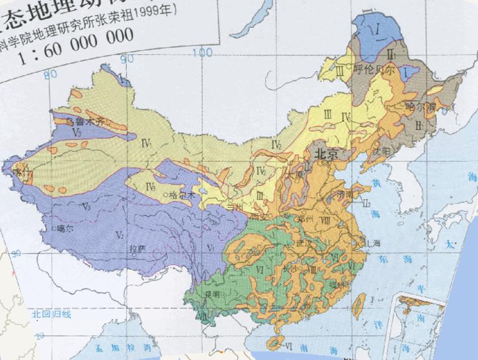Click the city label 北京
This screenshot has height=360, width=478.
point(326,154)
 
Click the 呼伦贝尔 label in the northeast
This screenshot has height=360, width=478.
point(375,70)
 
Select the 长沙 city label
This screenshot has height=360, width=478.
point(290,268)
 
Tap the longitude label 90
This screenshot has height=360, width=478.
point(128,59)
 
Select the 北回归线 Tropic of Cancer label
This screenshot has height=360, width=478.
point(52,314)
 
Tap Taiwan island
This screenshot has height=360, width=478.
point(358,305)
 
